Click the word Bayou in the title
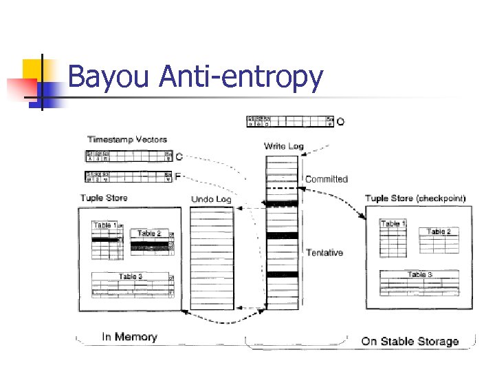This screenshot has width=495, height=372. [109, 77]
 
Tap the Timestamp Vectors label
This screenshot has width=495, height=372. [126, 139]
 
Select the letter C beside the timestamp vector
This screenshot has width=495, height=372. [179, 156]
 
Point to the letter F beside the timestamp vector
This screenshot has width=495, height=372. [178, 176]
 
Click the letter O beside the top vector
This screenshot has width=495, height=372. [341, 122]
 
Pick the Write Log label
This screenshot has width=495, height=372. [283, 146]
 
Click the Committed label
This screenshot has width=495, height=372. [327, 179]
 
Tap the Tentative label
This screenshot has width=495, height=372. [324, 253]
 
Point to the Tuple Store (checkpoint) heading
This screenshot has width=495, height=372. [415, 198]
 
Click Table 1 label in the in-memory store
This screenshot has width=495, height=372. [105, 225]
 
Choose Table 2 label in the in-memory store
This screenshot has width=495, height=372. [149, 234]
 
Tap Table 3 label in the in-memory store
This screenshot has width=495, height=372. [131, 277]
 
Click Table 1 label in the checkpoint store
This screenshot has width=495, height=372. [393, 224]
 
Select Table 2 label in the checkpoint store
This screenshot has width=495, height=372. [439, 231]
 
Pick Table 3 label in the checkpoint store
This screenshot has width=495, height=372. [420, 275]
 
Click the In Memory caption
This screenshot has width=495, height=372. [129, 337]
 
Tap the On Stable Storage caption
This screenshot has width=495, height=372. [410, 341]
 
